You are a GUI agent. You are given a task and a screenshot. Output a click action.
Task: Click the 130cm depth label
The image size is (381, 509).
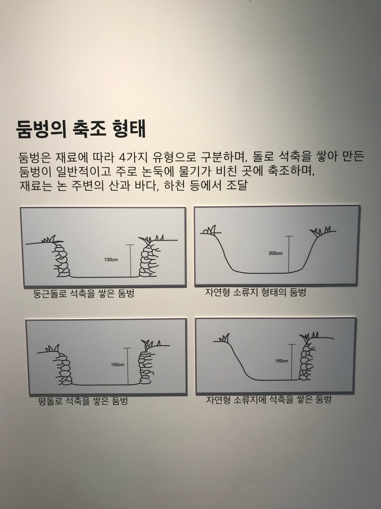click(111, 259)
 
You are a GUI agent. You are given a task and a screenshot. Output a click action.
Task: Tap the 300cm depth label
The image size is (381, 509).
click(275, 253)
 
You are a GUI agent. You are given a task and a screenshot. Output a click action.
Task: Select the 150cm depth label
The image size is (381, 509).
click(117, 364)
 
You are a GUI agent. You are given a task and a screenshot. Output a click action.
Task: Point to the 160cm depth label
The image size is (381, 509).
click(281, 361)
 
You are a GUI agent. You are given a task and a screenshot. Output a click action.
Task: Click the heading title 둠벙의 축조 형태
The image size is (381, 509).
click(81, 129)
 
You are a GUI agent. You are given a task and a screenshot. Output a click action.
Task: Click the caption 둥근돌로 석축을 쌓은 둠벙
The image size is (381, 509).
click(83, 293)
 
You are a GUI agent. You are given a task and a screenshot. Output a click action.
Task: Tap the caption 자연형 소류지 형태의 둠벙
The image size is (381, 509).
click(255, 292)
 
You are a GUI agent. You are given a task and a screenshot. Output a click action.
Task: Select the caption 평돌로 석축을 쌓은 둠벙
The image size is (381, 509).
click(83, 401)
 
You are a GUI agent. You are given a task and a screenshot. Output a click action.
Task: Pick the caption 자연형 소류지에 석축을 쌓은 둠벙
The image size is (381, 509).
click(269, 400)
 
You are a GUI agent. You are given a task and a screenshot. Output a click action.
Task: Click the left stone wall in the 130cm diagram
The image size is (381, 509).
click(62, 259)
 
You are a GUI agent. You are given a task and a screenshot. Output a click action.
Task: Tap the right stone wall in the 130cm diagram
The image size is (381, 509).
click(148, 259)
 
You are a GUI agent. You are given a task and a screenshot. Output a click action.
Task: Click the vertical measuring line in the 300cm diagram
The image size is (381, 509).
click(289, 254)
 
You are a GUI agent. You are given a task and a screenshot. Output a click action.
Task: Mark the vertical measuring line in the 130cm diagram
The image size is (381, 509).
click(130, 260)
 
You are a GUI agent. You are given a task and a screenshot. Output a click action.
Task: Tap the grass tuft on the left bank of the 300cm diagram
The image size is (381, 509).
click(209, 230)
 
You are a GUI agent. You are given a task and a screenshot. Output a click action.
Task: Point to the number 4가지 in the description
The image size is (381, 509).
click(132, 157)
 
